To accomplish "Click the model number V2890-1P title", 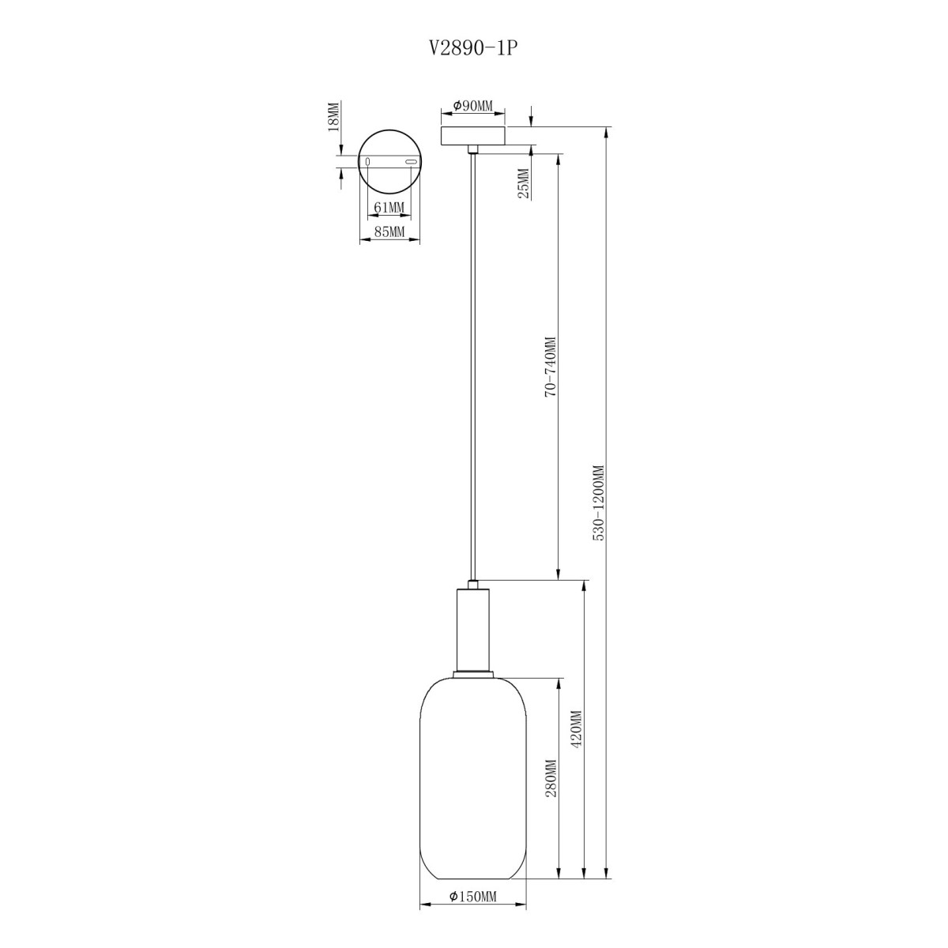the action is pos(474,48).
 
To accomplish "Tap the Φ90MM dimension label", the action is pos(472,105).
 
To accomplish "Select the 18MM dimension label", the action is pos(333,116).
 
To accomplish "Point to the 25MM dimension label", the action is pos(524,183).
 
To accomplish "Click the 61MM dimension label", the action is pos(389,208).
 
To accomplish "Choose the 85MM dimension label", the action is pos(389,231).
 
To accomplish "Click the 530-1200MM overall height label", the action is pos(598,502).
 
